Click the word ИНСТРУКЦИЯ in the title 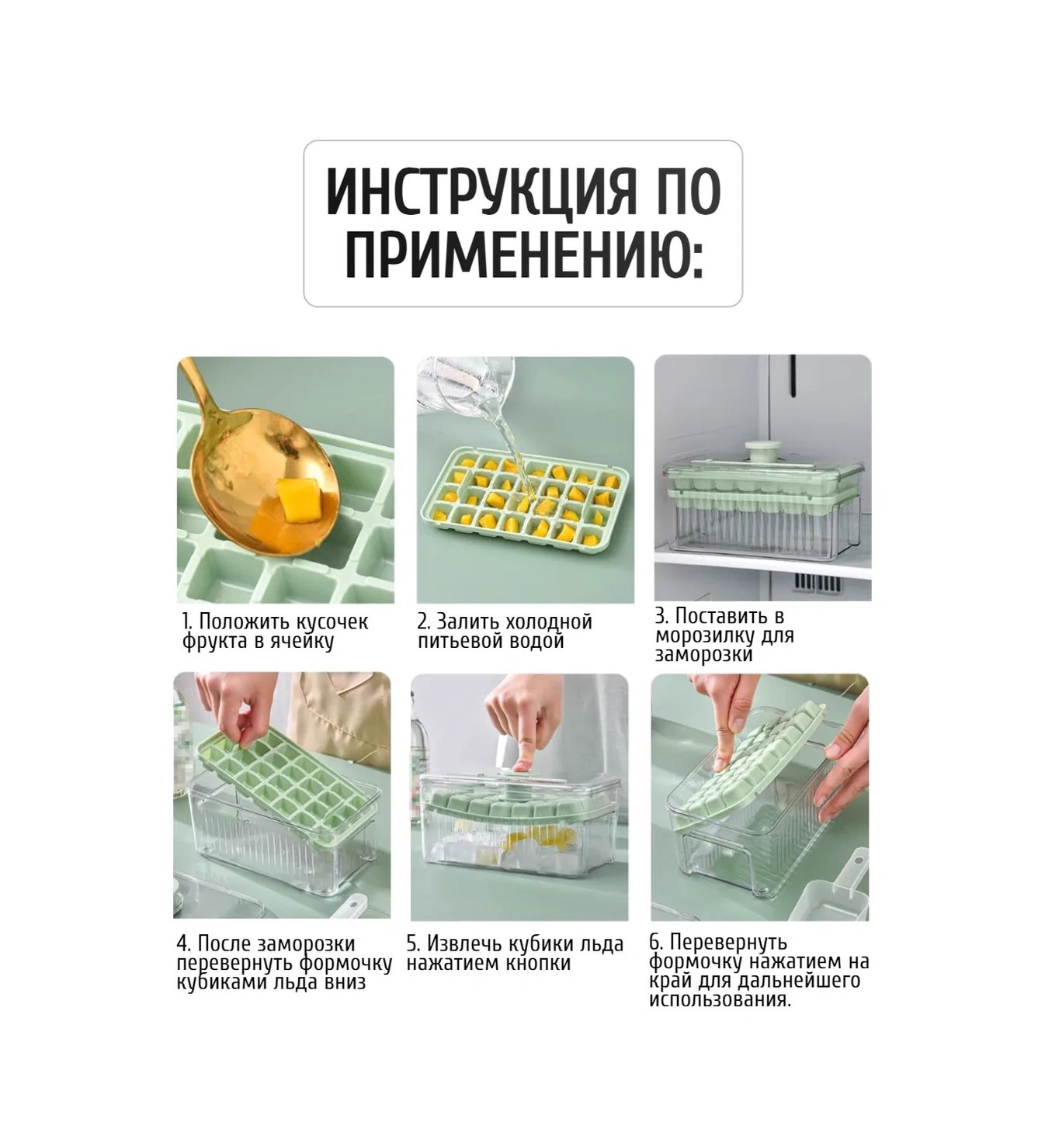coord(481,191)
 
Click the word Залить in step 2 coord(464,621)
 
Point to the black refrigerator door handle coord(793,375)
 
